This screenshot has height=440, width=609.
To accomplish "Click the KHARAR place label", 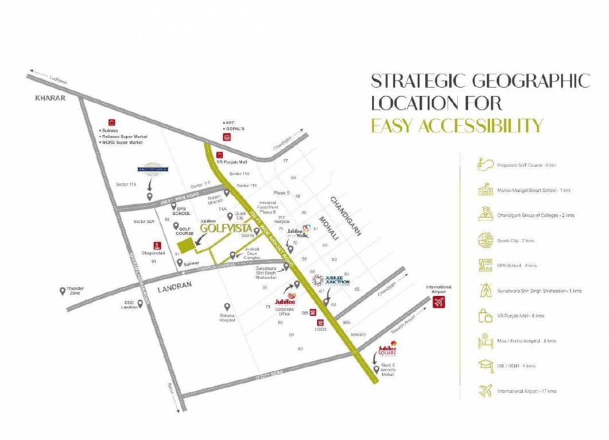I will (x=51, y=98).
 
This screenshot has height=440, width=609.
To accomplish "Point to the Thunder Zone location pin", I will (x=63, y=291).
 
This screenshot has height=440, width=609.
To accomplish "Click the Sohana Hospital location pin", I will (x=227, y=307).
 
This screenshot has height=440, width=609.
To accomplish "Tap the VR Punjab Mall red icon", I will (x=219, y=155).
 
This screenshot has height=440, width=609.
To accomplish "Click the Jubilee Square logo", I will (x=387, y=349).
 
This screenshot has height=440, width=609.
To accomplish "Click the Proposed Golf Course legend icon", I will (x=486, y=166).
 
